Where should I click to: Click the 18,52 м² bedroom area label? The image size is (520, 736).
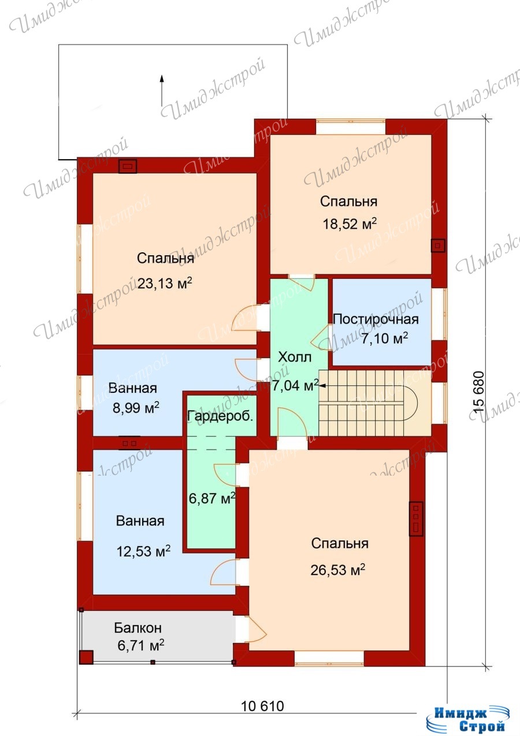tap(350, 224)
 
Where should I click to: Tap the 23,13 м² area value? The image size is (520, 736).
tap(165, 283)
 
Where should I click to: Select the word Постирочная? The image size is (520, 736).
tap(376, 319)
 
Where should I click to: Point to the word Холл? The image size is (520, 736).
tap(295, 357)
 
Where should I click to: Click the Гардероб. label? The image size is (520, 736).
tap(220, 416)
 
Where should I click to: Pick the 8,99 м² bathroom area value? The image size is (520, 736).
tap(136, 408)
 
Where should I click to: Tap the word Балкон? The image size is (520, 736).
tap(138, 628)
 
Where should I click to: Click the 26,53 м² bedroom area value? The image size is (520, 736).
tap(338, 570)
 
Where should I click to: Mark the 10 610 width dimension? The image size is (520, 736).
tap(262, 706)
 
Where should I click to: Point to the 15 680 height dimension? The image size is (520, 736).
tap(478, 392)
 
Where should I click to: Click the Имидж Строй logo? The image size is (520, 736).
tap(468, 717)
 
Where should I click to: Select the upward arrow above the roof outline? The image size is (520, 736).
tap(162, 90)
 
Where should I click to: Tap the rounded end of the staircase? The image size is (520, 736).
tap(412, 403)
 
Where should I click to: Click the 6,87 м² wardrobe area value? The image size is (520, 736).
tap(212, 498)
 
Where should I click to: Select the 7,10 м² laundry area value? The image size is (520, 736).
tap(385, 338)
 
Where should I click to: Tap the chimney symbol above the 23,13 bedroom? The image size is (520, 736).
tap(128, 166)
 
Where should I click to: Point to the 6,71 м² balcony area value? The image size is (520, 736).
tap(141, 646)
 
